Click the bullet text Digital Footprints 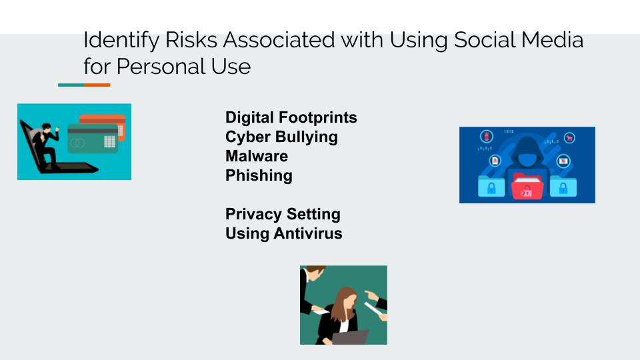click(291, 117)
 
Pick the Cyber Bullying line click(281, 137)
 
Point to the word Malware click(256, 156)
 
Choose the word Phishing click(259, 175)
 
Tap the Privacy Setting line click(283, 214)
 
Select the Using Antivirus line click(284, 233)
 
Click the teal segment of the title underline click(71, 85)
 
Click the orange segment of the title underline click(97, 85)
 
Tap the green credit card click(93, 139)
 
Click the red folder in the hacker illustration click(527, 186)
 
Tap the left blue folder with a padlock click(491, 186)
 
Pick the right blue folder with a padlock click(563, 186)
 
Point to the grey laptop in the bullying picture click(349, 337)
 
